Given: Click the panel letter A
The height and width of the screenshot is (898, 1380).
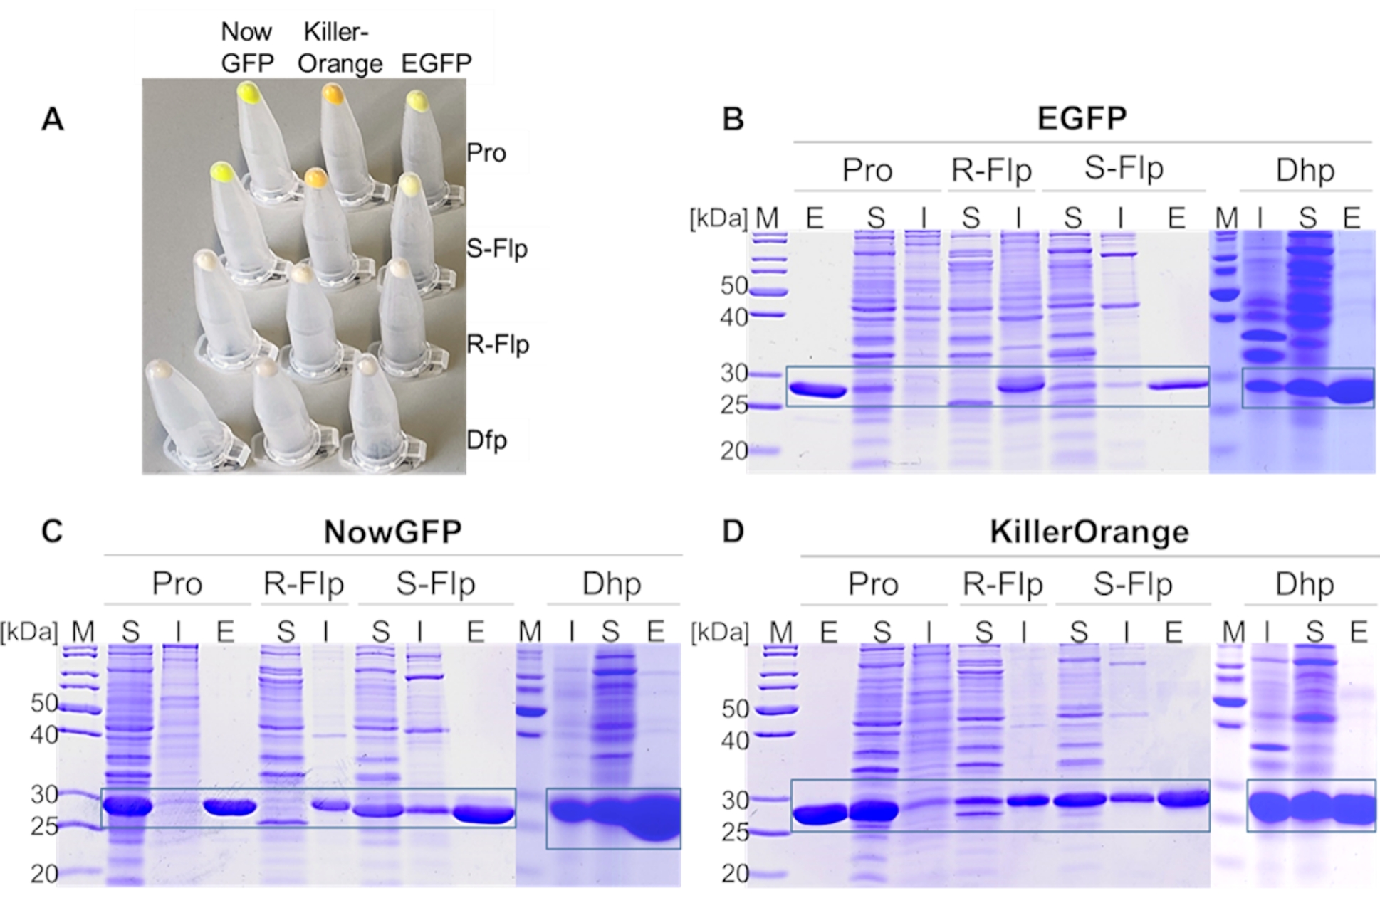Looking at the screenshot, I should [52, 120].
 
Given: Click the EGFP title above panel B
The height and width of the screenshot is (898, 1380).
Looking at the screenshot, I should [1081, 117].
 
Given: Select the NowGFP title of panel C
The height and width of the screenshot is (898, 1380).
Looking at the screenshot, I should [392, 532].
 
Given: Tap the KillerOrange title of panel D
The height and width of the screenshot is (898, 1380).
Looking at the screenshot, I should [1089, 532].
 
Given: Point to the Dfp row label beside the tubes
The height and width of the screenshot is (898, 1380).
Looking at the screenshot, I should [487, 440].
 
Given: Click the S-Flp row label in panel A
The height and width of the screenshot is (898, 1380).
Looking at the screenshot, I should [497, 248].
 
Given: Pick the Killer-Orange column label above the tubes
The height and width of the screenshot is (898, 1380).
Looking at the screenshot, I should [340, 48].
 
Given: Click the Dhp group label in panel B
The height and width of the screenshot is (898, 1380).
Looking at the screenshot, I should [1305, 170].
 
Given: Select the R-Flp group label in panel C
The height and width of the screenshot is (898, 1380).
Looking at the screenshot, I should [304, 583].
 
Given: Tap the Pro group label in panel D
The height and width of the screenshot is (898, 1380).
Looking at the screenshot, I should [873, 584].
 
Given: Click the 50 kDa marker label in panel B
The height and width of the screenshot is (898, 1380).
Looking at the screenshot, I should [734, 286].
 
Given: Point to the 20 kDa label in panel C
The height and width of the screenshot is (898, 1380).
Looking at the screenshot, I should [44, 873].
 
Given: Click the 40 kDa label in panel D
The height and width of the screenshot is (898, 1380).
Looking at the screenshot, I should [736, 741].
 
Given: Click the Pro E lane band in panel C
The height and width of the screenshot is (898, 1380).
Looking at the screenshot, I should [229, 808].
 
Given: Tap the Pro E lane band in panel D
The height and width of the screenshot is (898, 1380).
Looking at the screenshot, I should [820, 814].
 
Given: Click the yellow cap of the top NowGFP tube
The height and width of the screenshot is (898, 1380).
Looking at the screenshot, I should [249, 93].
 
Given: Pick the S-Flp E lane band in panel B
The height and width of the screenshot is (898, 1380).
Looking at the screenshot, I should [1178, 386].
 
